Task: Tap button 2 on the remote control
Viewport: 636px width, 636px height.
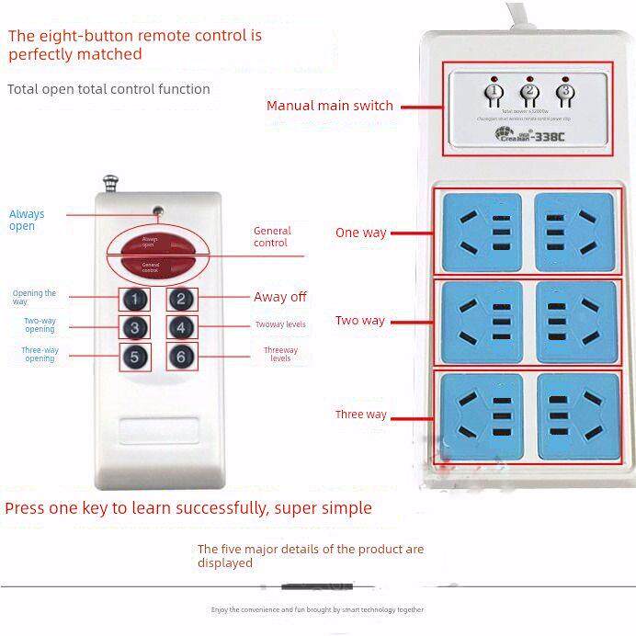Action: click(x=182, y=299)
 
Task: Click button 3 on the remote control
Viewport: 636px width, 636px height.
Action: click(x=135, y=328)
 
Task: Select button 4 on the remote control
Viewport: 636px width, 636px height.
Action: click(x=182, y=328)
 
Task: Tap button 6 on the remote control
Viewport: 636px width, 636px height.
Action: click(x=182, y=357)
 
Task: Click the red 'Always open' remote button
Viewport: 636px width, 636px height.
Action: click(x=150, y=243)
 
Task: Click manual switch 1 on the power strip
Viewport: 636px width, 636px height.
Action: click(x=494, y=92)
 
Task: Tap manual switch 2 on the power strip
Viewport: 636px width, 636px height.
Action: click(x=528, y=92)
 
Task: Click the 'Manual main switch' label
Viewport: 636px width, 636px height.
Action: click(x=329, y=106)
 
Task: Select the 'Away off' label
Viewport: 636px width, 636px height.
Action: click(x=280, y=297)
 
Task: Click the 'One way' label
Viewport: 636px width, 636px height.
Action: click(x=360, y=233)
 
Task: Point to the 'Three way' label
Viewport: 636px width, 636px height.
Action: click(x=360, y=415)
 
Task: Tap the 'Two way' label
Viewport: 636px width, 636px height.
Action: click(x=359, y=321)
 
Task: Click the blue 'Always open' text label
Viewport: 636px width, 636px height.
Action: click(x=27, y=220)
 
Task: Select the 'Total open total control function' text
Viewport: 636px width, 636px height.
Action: click(x=108, y=89)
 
